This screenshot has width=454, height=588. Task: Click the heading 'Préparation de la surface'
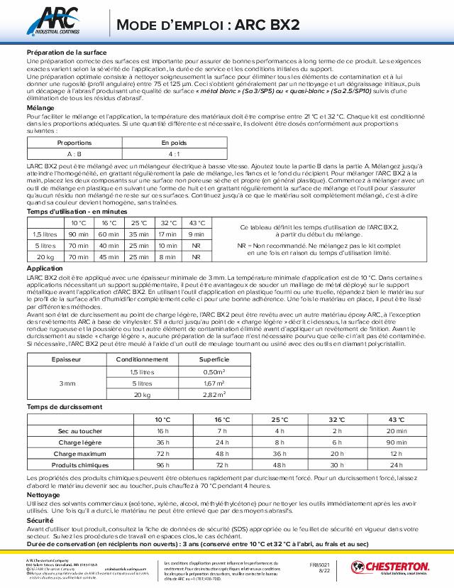[x=66, y=53]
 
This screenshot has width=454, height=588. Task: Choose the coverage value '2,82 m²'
[x=214, y=394]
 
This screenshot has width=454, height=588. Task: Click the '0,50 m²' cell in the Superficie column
[x=214, y=371]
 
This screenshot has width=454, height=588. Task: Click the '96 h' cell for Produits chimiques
[x=162, y=464]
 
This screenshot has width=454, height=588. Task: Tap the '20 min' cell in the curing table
[x=397, y=431]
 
